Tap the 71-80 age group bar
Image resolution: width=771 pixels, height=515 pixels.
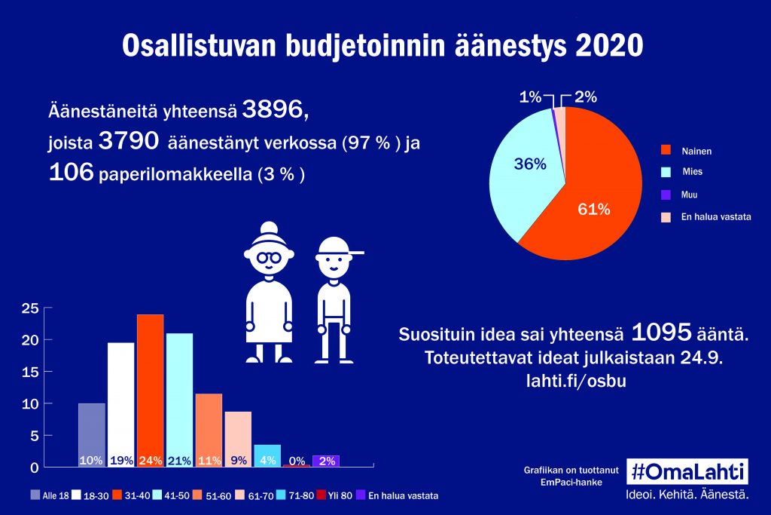[267, 455]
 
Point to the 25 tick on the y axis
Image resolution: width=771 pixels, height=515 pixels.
[31, 308]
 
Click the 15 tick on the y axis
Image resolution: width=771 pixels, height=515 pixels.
[31, 372]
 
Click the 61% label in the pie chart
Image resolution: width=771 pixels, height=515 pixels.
[593, 210]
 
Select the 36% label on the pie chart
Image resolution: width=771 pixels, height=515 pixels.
[530, 164]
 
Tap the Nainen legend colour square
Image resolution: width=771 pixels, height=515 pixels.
[666, 151]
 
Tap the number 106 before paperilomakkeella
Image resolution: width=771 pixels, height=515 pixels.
[71, 173]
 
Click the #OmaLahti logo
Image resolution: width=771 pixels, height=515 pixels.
[687, 471]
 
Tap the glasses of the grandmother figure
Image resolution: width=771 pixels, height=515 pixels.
[269, 257]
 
